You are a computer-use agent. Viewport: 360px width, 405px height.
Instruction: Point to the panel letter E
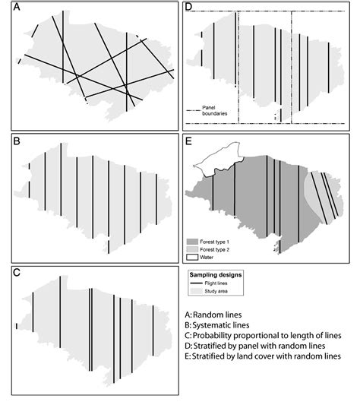coord(190,141)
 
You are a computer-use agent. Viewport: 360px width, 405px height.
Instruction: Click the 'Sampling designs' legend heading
coord(221,271)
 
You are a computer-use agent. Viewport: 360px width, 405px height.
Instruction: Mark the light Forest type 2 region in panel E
coord(313,190)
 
